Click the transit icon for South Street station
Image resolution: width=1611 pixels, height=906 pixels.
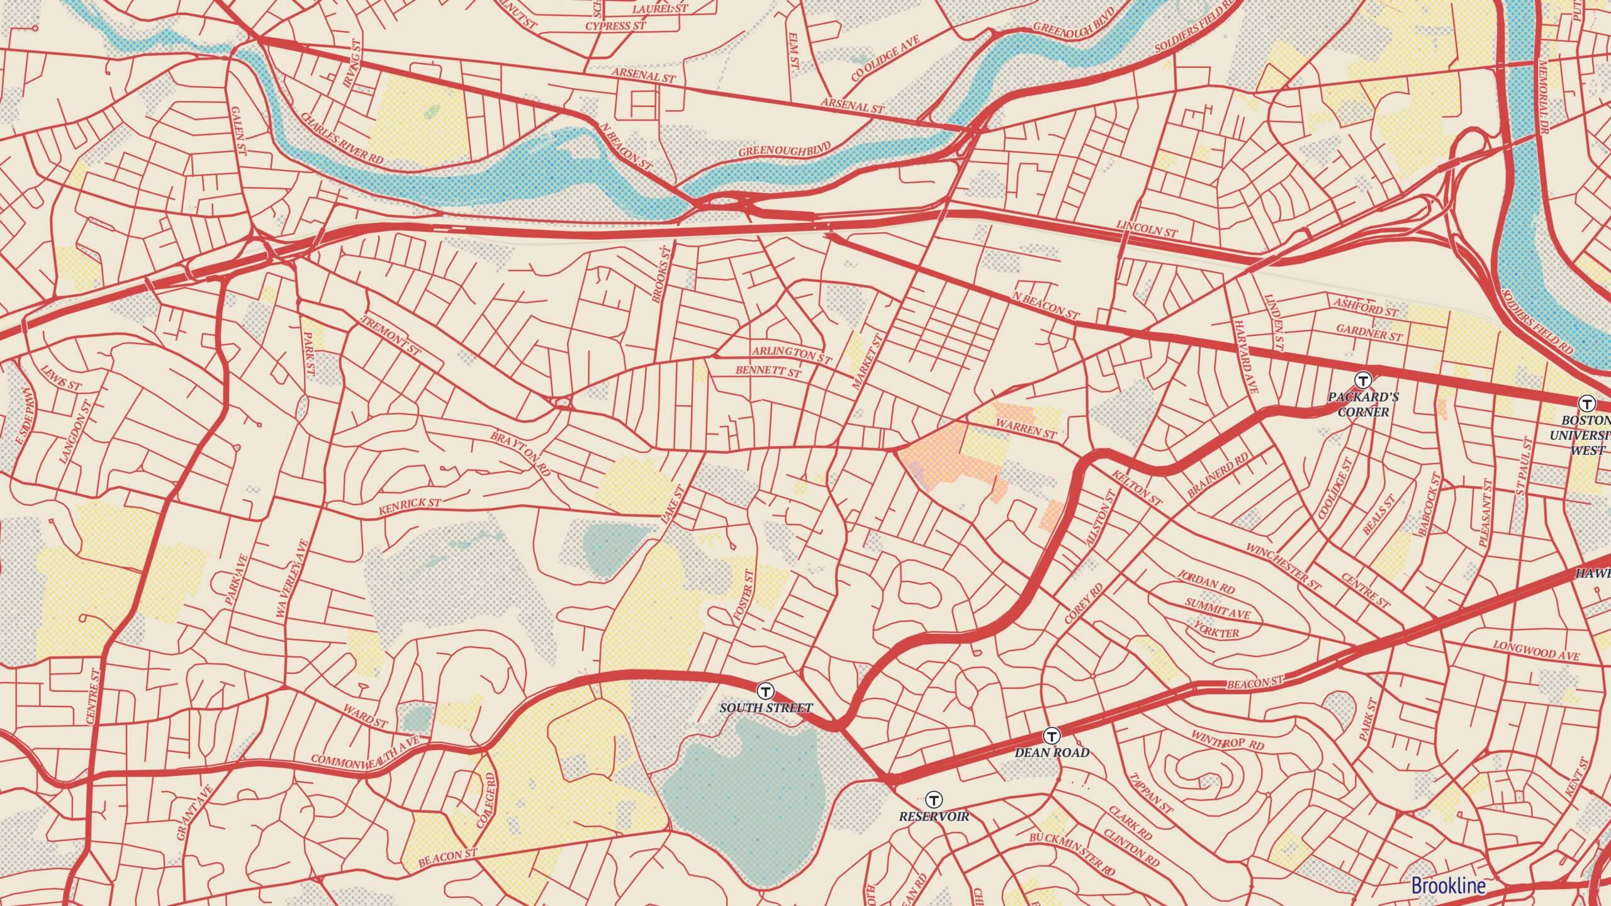coord(766,691)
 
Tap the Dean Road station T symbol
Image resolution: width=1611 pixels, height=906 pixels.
coord(1052,735)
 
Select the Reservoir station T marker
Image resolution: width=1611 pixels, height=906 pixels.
coord(935,800)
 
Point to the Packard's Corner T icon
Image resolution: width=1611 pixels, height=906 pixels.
coord(1363,380)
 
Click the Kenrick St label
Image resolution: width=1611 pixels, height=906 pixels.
coord(410,508)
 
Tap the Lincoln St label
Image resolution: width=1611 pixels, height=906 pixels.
coord(1147,230)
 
